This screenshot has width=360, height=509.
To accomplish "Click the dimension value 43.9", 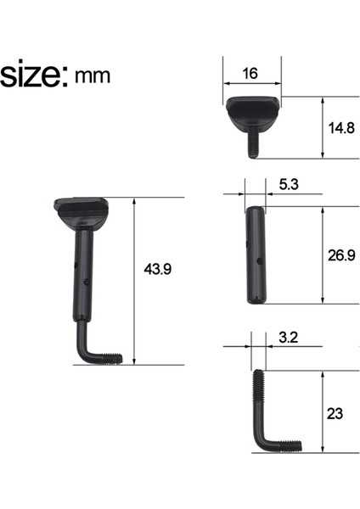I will point(159,269).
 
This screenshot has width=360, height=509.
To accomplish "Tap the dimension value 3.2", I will point(287,338).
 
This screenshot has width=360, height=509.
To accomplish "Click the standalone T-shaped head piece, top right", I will point(251,112).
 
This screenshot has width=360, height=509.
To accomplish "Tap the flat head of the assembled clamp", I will point(83,207).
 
